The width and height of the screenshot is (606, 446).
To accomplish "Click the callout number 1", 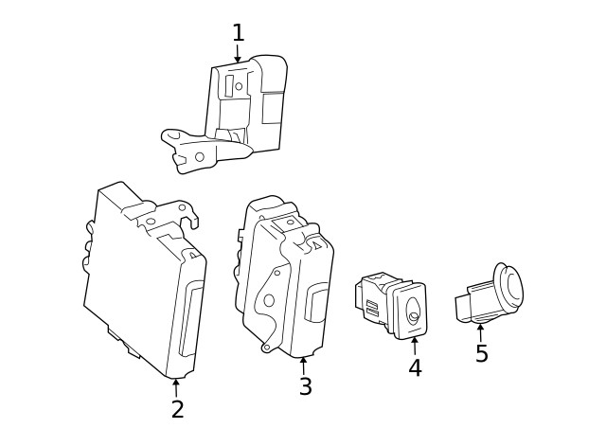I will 238,33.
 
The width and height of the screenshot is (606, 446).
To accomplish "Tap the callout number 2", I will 177,409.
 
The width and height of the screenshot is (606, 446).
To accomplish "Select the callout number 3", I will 305,386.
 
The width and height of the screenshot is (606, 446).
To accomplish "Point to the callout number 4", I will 415,368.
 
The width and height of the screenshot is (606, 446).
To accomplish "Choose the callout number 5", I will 481,353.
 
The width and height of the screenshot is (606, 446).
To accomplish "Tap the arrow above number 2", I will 176,385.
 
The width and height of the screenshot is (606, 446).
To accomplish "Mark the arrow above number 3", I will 304,365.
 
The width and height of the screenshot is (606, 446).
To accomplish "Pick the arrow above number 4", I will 415,345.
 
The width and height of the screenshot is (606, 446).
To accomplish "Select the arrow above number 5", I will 480,331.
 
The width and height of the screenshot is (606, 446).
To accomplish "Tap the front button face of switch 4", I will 412,311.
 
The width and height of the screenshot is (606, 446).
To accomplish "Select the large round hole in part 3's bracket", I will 268,300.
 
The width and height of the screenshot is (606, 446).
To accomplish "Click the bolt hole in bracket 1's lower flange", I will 199,156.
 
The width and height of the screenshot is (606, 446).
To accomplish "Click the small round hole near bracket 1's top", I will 239,87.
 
